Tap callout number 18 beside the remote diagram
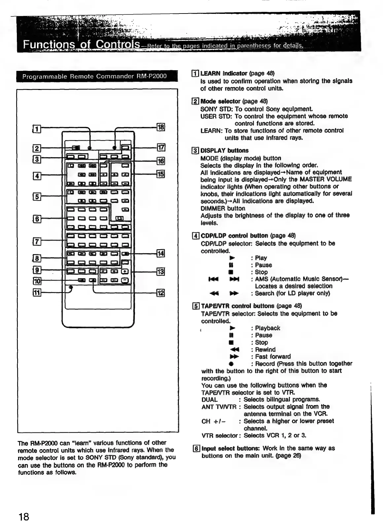click(x=161, y=127)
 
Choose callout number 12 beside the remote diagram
click(x=160, y=293)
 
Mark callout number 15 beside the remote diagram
click(x=161, y=174)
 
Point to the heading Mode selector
click(x=221, y=101)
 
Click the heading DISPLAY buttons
click(x=225, y=151)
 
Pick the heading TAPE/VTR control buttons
click(x=237, y=306)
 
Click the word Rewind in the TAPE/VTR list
click(x=265, y=349)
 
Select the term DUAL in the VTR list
click(x=209, y=399)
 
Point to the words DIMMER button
click(x=223, y=208)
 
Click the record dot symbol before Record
click(x=232, y=364)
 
